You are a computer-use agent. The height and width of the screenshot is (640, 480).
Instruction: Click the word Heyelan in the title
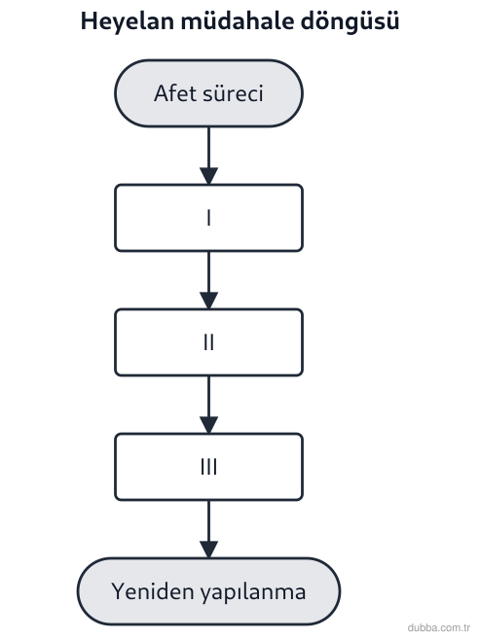[127, 21]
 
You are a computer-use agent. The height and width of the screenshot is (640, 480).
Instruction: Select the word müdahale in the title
[237, 20]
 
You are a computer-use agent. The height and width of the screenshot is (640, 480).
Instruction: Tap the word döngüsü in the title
[350, 22]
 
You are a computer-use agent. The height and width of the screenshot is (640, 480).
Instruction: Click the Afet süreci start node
[208, 93]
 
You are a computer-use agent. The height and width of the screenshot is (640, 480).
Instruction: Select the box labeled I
[208, 218]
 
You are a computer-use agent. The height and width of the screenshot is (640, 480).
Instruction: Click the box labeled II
[208, 342]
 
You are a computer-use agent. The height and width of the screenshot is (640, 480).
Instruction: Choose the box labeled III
[208, 467]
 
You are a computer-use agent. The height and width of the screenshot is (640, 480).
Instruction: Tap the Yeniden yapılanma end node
[208, 591]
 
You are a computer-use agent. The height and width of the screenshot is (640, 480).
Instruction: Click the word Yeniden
[153, 591]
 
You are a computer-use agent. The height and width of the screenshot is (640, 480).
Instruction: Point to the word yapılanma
[253, 592]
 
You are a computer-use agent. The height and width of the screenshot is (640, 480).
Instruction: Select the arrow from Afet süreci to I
[208, 156]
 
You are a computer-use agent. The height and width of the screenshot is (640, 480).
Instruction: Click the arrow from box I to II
[208, 280]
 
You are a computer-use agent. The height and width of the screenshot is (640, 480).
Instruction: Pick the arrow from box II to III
[208, 405]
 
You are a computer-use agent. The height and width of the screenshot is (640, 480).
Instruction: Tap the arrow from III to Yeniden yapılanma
[208, 529]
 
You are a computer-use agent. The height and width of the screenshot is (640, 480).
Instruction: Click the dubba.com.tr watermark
[438, 627]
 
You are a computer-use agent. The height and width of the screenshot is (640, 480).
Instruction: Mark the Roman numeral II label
[208, 342]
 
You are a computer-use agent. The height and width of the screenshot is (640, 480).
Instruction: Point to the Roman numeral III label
[208, 467]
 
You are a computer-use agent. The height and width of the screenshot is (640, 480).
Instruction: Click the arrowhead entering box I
[208, 176]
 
